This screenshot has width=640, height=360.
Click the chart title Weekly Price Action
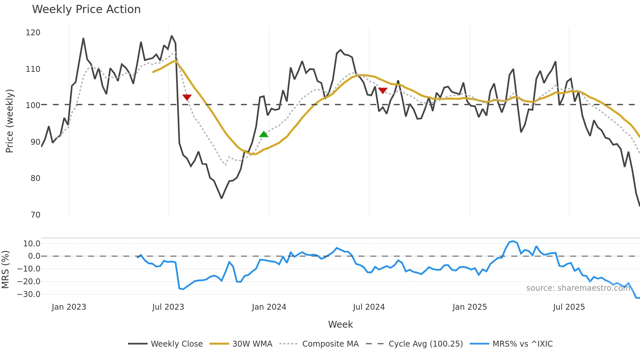click(x=86, y=9)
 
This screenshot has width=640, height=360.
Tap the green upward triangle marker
click(x=264, y=134)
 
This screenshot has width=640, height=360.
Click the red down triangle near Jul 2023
click(x=187, y=97)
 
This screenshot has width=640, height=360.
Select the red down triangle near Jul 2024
click(x=382, y=90)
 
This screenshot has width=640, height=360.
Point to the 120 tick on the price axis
click(x=33, y=33)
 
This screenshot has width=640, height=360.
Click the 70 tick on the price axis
click(x=35, y=215)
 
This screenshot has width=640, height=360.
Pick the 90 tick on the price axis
click(x=35, y=142)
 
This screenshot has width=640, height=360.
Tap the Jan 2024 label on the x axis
click(x=269, y=307)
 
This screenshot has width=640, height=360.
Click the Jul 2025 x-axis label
click(x=569, y=307)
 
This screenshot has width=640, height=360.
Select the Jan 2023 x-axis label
click(x=69, y=307)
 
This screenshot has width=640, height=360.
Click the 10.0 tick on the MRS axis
click(x=32, y=244)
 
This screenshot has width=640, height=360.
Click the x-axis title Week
click(x=340, y=324)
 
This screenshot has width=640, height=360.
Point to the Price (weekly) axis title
click(x=9, y=121)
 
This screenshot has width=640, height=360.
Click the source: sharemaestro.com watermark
click(x=578, y=288)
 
